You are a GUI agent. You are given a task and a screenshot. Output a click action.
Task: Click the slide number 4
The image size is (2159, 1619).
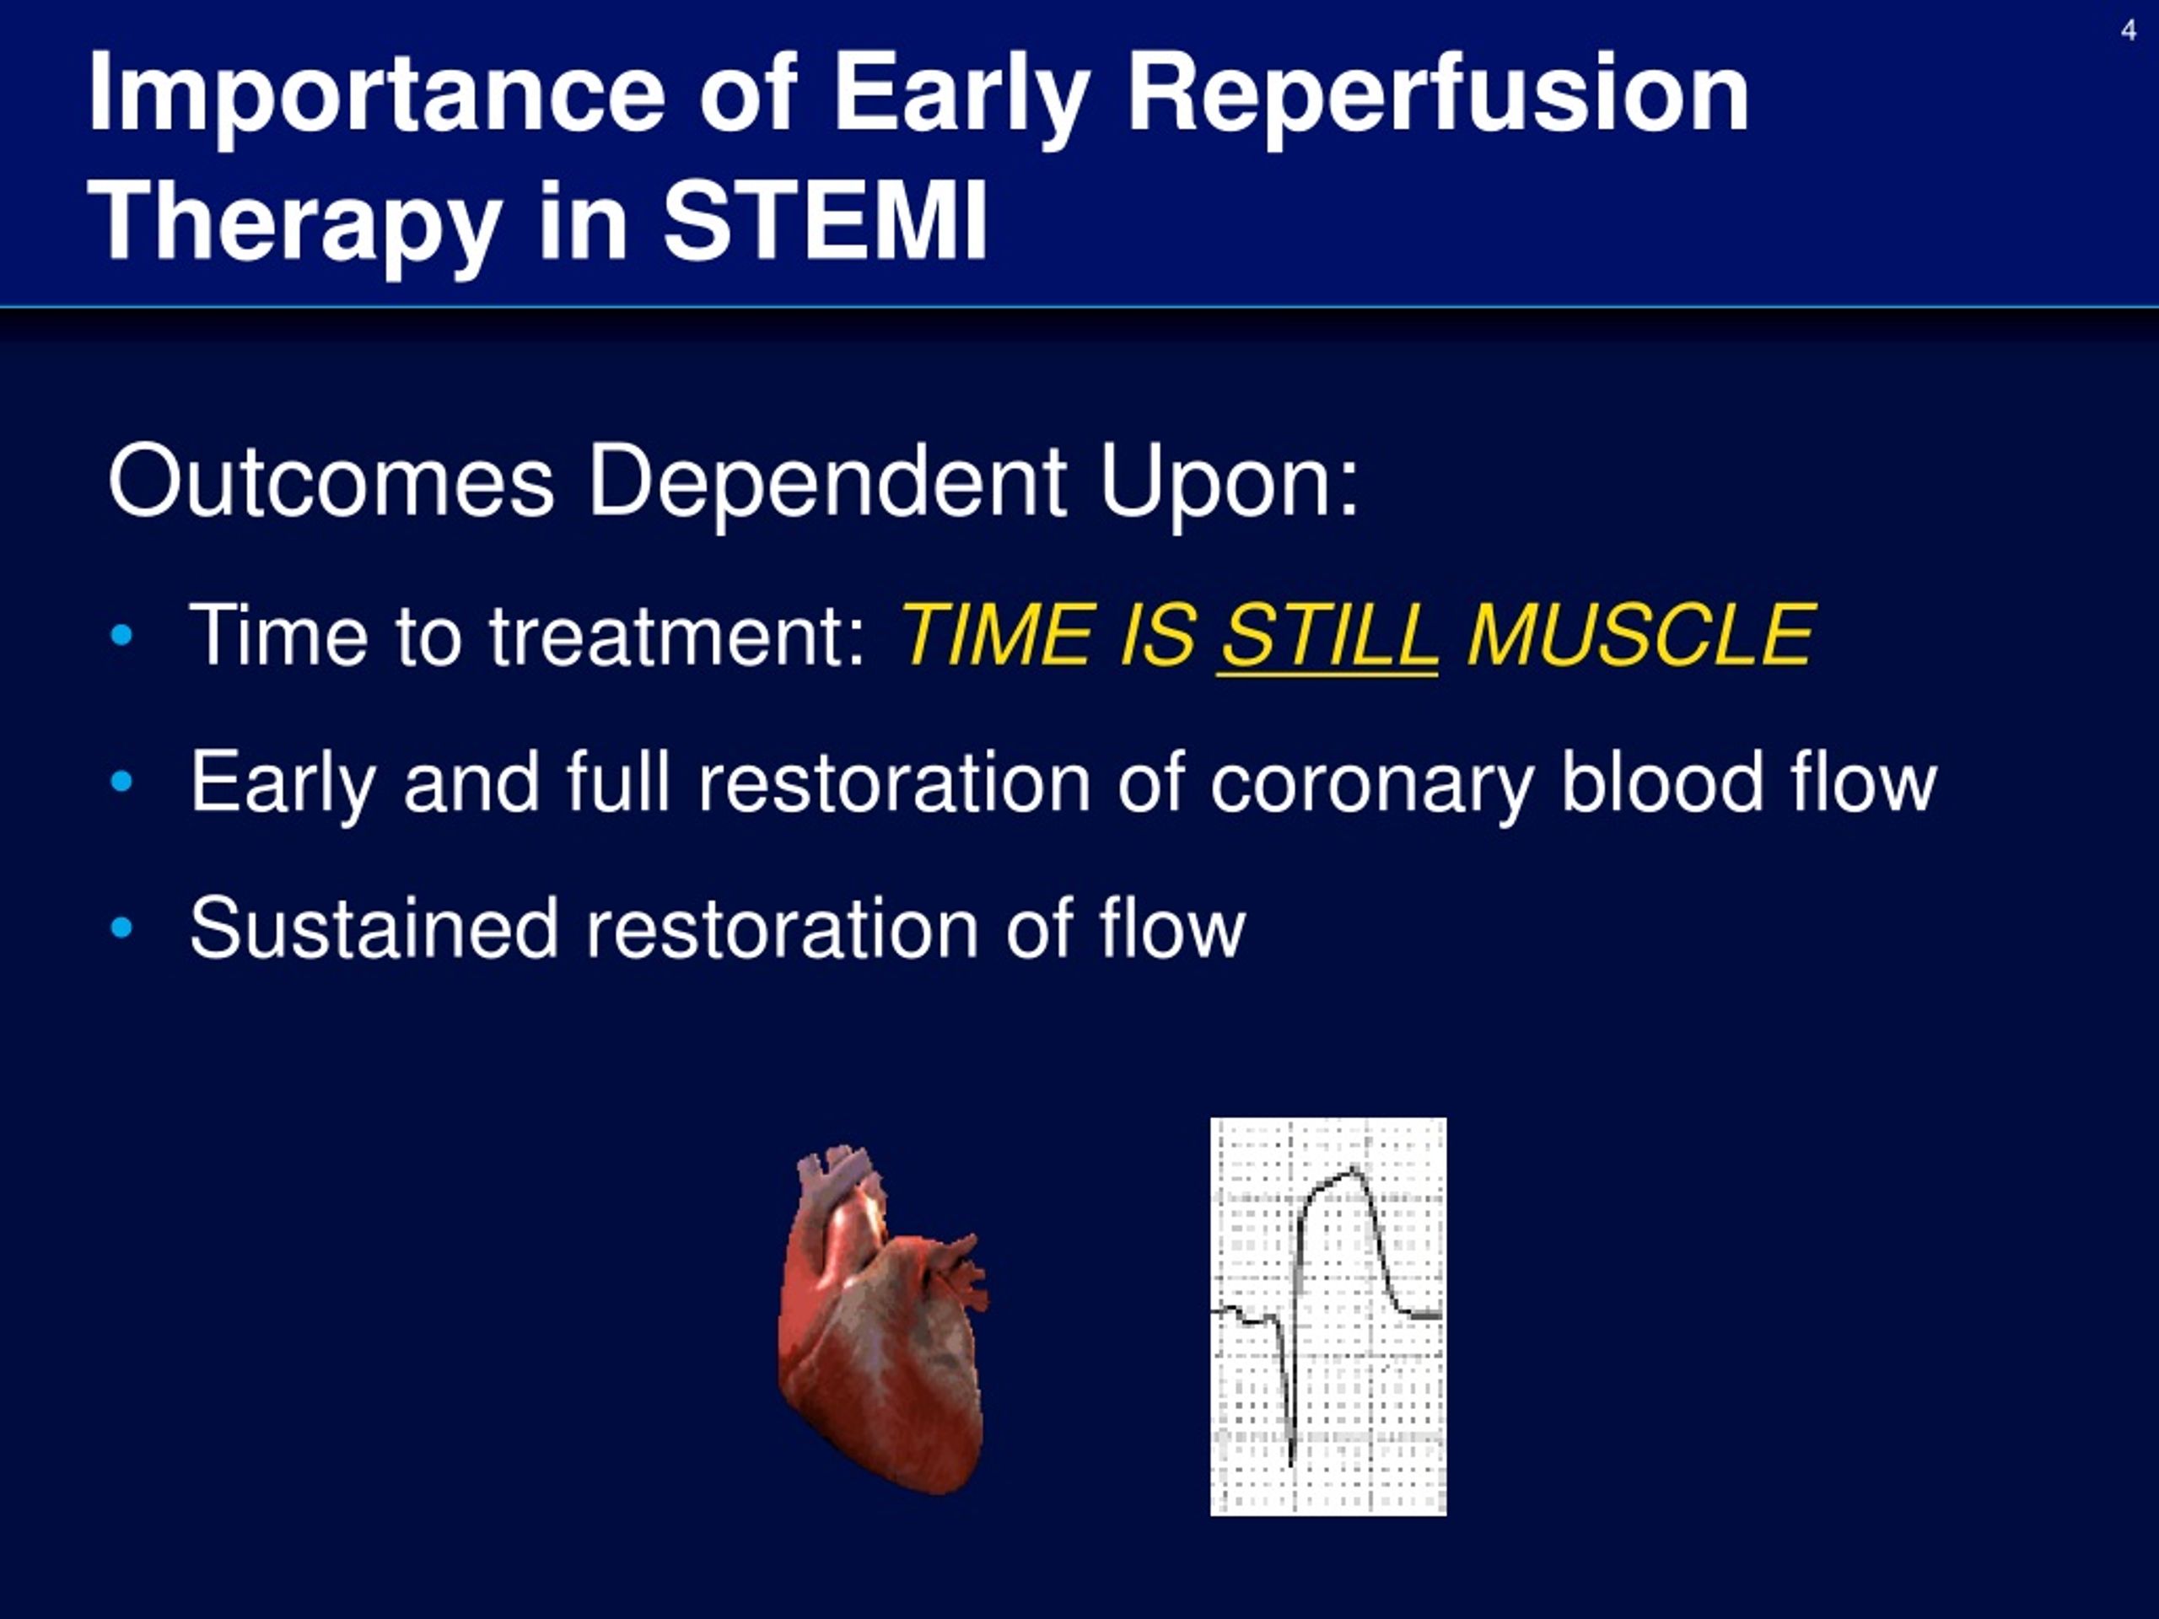tap(2128, 30)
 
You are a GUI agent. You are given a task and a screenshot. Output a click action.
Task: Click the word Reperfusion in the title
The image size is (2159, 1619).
tap(1438, 95)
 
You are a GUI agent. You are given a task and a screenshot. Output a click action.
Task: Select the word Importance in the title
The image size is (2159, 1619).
tap(377, 95)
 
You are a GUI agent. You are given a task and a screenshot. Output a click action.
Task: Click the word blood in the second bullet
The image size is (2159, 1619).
tap(1661, 782)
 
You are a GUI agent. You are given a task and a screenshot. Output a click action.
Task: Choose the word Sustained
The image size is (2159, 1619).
tap(374, 928)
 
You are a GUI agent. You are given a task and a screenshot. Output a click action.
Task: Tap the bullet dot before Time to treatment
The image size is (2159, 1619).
tap(122, 637)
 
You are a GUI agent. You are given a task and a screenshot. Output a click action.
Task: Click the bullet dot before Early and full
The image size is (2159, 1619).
tap(122, 782)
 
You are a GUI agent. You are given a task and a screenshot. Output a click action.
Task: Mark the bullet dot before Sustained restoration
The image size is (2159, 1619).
tap(122, 928)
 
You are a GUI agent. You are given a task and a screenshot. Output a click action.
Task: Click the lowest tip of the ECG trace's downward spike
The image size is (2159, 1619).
tap(1290, 1464)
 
